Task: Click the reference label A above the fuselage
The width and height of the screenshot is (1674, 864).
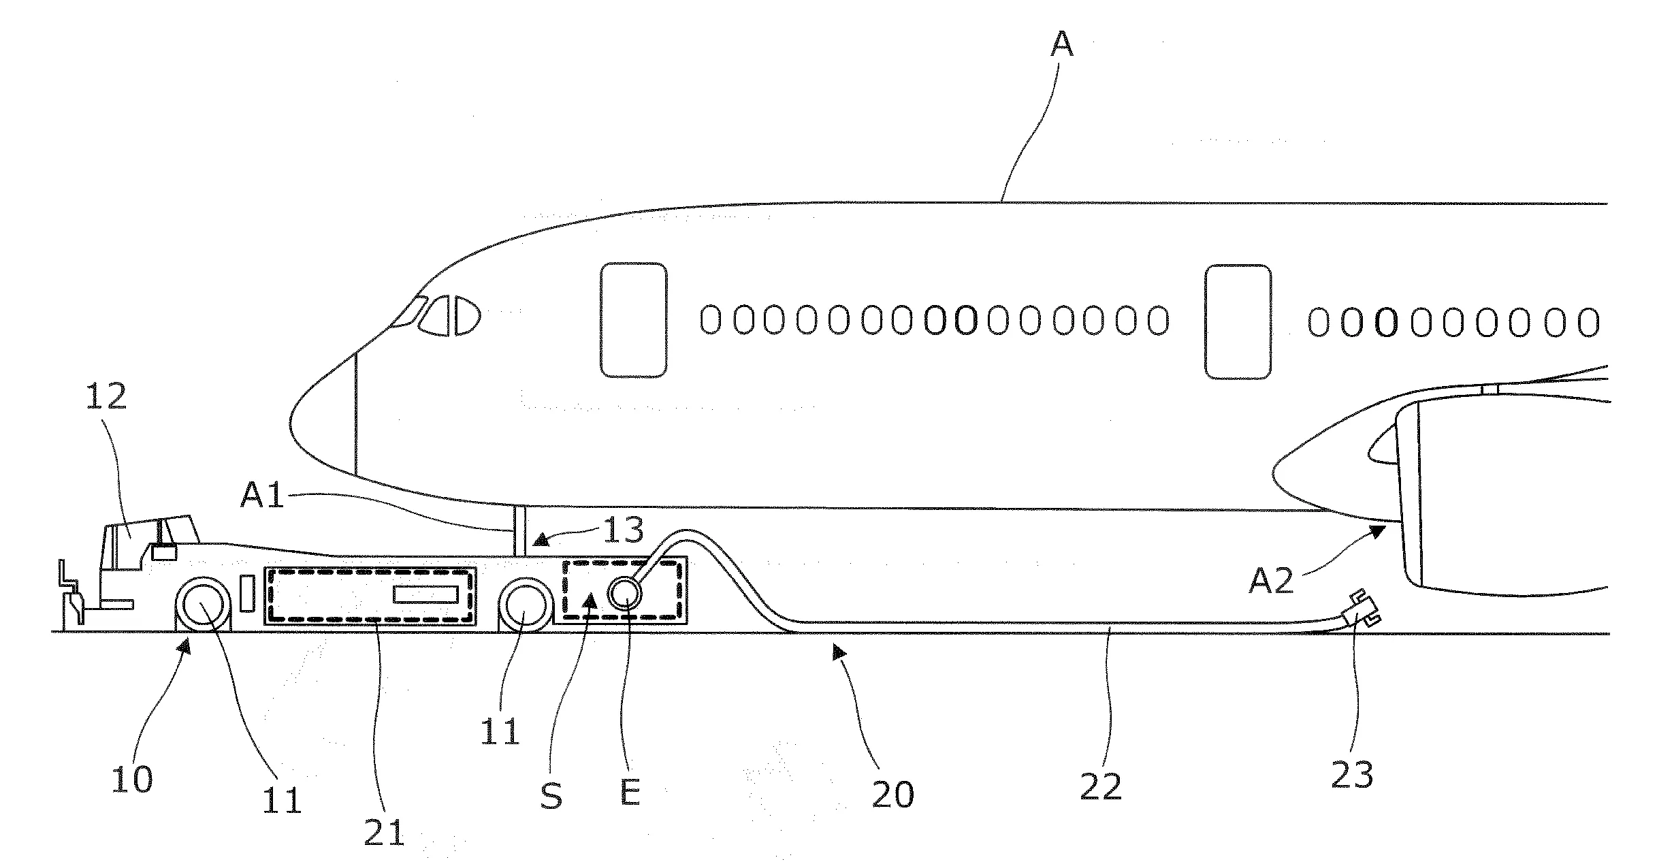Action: coord(1061,44)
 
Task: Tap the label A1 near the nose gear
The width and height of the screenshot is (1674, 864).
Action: coord(262,496)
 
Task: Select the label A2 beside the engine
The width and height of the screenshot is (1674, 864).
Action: coord(1270,581)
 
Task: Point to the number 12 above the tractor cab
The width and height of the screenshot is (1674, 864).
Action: coord(107,395)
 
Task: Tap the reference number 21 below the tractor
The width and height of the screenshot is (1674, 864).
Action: coord(384,831)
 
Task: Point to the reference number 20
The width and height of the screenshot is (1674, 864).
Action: coord(893,793)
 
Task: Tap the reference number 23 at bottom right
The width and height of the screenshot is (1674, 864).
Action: coord(1352,774)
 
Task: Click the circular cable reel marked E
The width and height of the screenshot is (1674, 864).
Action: coord(624,594)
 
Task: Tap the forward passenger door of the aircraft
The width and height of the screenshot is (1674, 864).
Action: coord(633,319)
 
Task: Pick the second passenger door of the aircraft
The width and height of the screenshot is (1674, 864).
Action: coord(1238,321)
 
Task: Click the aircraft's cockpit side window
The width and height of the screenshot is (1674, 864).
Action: coord(449,316)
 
